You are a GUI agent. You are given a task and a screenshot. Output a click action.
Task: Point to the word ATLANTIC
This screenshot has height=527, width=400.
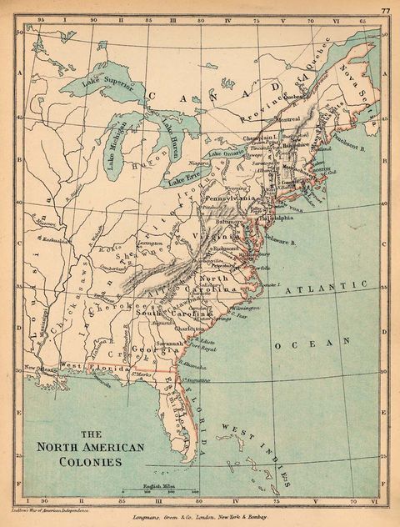(326, 288)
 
